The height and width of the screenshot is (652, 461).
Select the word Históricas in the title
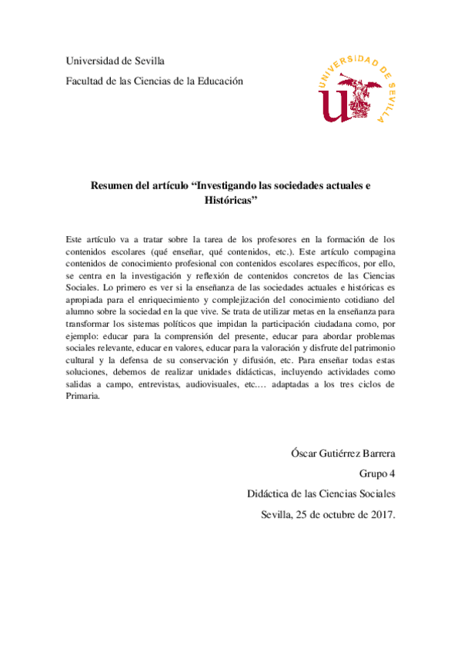[x=226, y=200]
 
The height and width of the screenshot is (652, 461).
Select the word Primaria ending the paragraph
[x=84, y=395]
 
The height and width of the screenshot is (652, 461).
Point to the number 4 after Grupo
[x=393, y=474]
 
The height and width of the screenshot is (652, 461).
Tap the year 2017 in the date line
[x=381, y=517]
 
